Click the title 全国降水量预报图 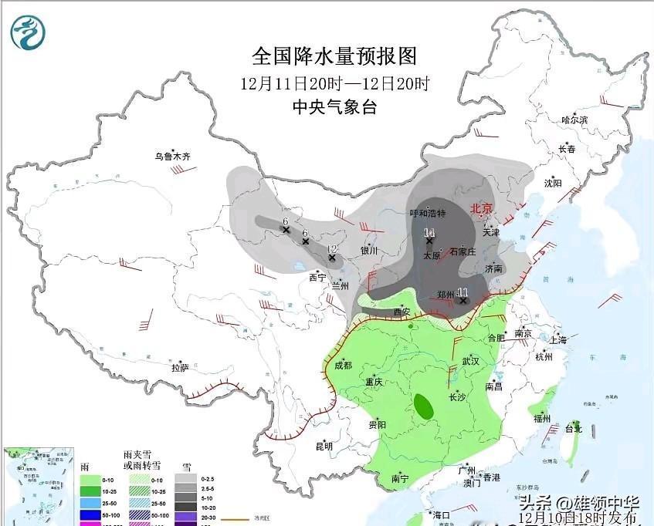[334, 56]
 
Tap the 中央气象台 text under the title [334, 107]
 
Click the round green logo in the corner [28, 32]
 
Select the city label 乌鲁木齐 [171, 157]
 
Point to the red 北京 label [482, 208]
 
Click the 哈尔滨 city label [574, 120]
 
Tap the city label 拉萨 [180, 368]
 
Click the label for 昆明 [324, 446]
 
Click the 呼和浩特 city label [427, 214]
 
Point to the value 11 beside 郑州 [463, 292]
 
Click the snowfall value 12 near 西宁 [332, 248]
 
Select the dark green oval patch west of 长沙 [422, 404]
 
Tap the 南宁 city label [400, 479]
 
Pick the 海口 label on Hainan [441, 514]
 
